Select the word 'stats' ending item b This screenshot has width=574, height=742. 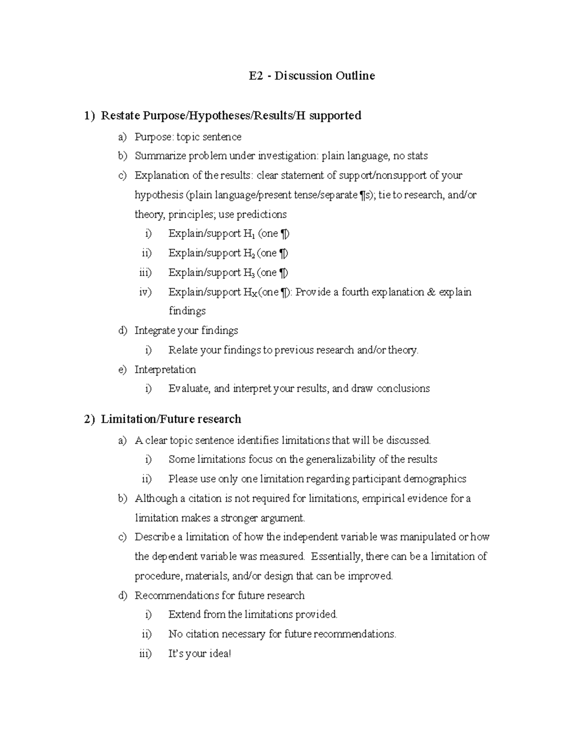[417, 156]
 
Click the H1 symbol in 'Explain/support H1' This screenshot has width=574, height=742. [248, 234]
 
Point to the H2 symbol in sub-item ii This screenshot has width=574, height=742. [248, 253]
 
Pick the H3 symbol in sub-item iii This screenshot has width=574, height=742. [248, 273]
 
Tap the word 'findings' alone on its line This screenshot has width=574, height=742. [187, 311]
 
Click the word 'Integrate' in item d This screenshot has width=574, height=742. [155, 331]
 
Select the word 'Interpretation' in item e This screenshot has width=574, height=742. [165, 369]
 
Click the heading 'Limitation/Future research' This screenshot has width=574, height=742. [171, 419]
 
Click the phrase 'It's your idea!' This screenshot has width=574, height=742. [199, 654]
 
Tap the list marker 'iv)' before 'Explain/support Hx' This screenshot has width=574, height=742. [145, 292]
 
